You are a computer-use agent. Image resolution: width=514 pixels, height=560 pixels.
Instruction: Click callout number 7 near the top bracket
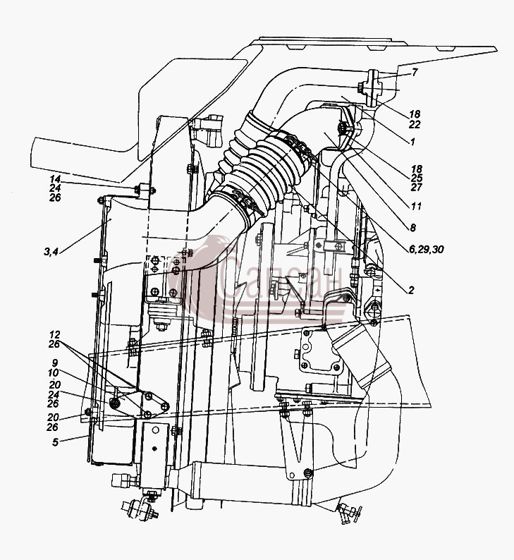(414, 73)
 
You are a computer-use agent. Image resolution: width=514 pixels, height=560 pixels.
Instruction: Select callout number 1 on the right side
(412, 142)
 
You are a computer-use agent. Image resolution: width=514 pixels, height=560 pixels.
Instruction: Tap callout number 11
(416, 206)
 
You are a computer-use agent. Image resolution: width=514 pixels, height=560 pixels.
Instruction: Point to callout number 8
(412, 228)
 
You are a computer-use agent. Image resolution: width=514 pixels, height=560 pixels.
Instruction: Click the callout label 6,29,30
(427, 249)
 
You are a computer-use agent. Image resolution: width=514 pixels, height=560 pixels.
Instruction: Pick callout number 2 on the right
(411, 290)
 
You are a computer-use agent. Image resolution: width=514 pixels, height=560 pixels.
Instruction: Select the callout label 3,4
(51, 252)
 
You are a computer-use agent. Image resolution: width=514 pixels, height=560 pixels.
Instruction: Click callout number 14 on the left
(55, 179)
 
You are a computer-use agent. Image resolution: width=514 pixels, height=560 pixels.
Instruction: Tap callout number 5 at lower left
(55, 442)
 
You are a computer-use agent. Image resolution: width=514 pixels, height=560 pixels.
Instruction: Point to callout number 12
(55, 334)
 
